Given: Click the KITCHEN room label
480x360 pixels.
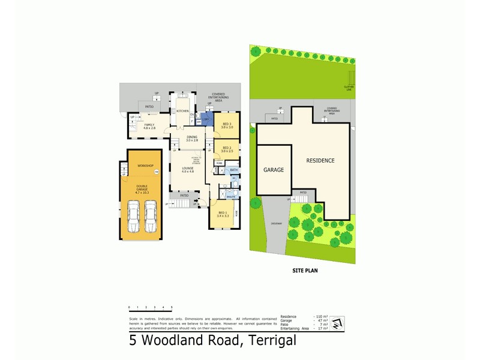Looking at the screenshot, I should point(182,111).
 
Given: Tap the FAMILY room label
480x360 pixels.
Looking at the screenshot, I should point(149,126).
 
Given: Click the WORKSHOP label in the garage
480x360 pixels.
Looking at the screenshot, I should point(146,166).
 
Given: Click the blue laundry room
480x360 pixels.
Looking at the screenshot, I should point(206,121).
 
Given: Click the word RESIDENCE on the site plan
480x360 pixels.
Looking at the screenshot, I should point(320,160).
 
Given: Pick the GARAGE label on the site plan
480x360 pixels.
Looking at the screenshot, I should point(273,170).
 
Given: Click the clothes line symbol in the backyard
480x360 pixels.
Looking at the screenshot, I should point(351,78).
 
